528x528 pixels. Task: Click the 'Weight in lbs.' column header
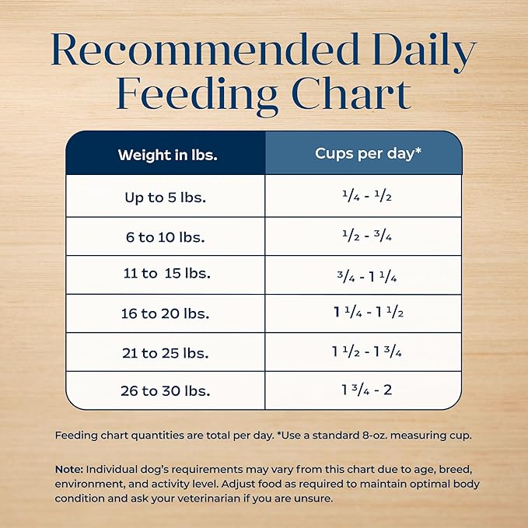click(x=167, y=154)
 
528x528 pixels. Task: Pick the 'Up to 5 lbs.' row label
click(x=166, y=197)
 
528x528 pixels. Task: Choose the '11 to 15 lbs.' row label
click(x=166, y=274)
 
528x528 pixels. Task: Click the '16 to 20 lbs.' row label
click(x=166, y=313)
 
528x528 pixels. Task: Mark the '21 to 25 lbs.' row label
click(x=166, y=352)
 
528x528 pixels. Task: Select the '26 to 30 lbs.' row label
click(x=166, y=390)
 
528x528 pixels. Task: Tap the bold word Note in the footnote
click(x=69, y=470)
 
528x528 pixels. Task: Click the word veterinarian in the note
click(x=224, y=498)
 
